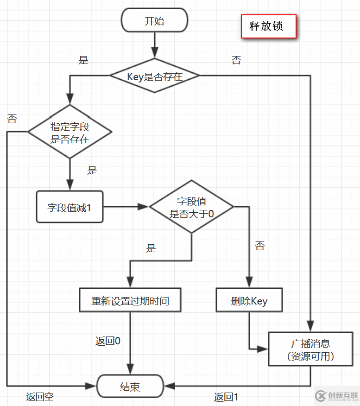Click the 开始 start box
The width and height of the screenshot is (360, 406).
154,21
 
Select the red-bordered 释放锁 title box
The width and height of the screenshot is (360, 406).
268,26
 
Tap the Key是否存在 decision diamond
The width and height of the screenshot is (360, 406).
154,76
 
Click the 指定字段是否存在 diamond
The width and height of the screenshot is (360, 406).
69,133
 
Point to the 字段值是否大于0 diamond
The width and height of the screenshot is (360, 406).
191,207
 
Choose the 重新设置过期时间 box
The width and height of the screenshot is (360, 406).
130,301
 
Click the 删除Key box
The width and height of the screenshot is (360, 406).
249,301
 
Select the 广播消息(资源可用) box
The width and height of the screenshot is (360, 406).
310,349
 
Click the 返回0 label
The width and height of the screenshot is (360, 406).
108,341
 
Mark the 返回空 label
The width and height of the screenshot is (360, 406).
39,397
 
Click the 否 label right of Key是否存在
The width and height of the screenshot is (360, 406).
236,60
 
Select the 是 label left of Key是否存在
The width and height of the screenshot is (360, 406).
83,60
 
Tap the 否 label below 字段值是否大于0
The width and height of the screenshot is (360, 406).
260,246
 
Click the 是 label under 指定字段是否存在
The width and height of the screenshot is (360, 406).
92,170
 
